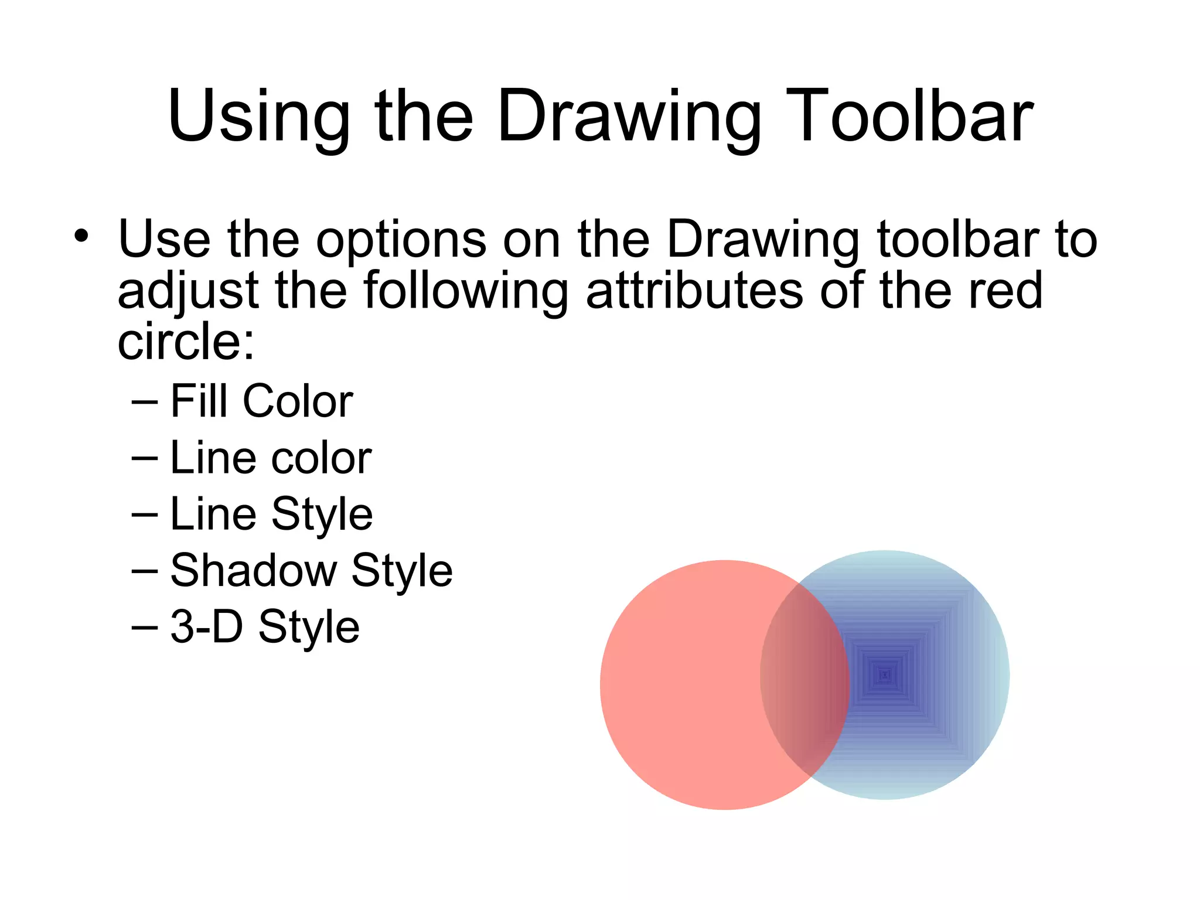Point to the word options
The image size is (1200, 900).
point(401,240)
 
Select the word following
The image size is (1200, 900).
point(466,291)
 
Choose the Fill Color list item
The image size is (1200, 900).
point(261,401)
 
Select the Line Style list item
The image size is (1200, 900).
point(271,514)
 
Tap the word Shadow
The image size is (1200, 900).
point(254,570)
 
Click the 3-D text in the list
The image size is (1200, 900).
point(206,626)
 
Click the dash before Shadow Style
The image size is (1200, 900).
point(145,570)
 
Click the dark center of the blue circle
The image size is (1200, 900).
point(885,675)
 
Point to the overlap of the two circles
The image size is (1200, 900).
point(805,680)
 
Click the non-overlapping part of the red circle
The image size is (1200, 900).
point(680,686)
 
